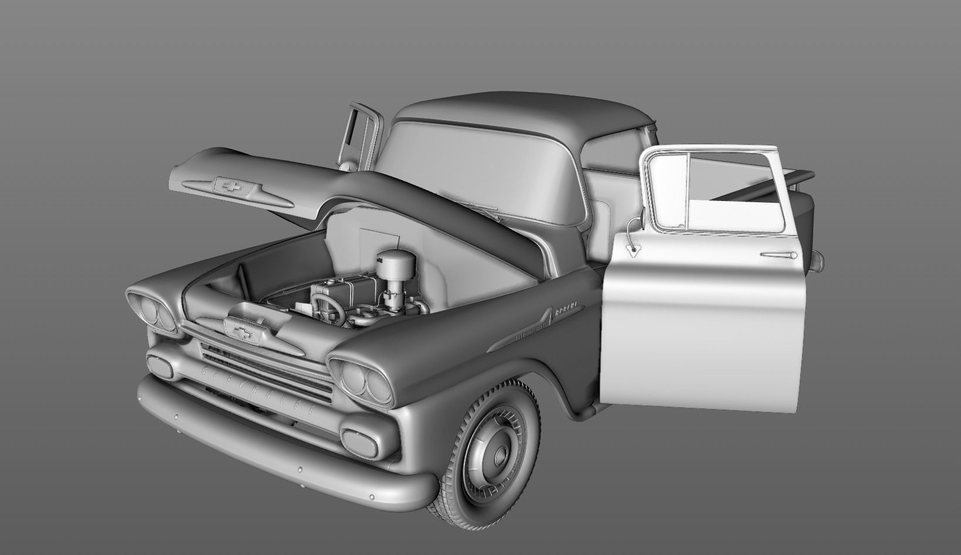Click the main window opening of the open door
733,190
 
